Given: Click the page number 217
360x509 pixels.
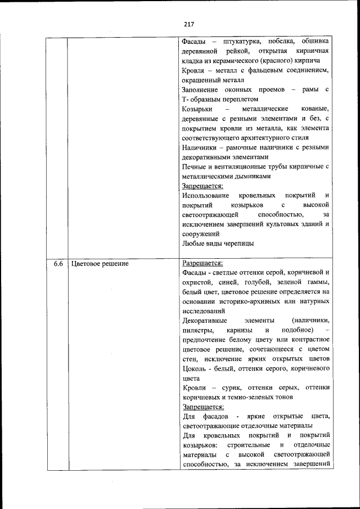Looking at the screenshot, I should (188, 24).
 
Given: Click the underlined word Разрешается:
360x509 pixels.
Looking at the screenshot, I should (202, 263).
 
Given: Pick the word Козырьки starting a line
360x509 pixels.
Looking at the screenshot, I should (197, 108).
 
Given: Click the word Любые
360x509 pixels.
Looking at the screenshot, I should (194, 244).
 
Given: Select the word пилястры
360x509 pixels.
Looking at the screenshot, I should (197, 330).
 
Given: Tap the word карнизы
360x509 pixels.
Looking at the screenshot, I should (240, 330).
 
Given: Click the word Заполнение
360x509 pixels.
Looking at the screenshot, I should (203, 89).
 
